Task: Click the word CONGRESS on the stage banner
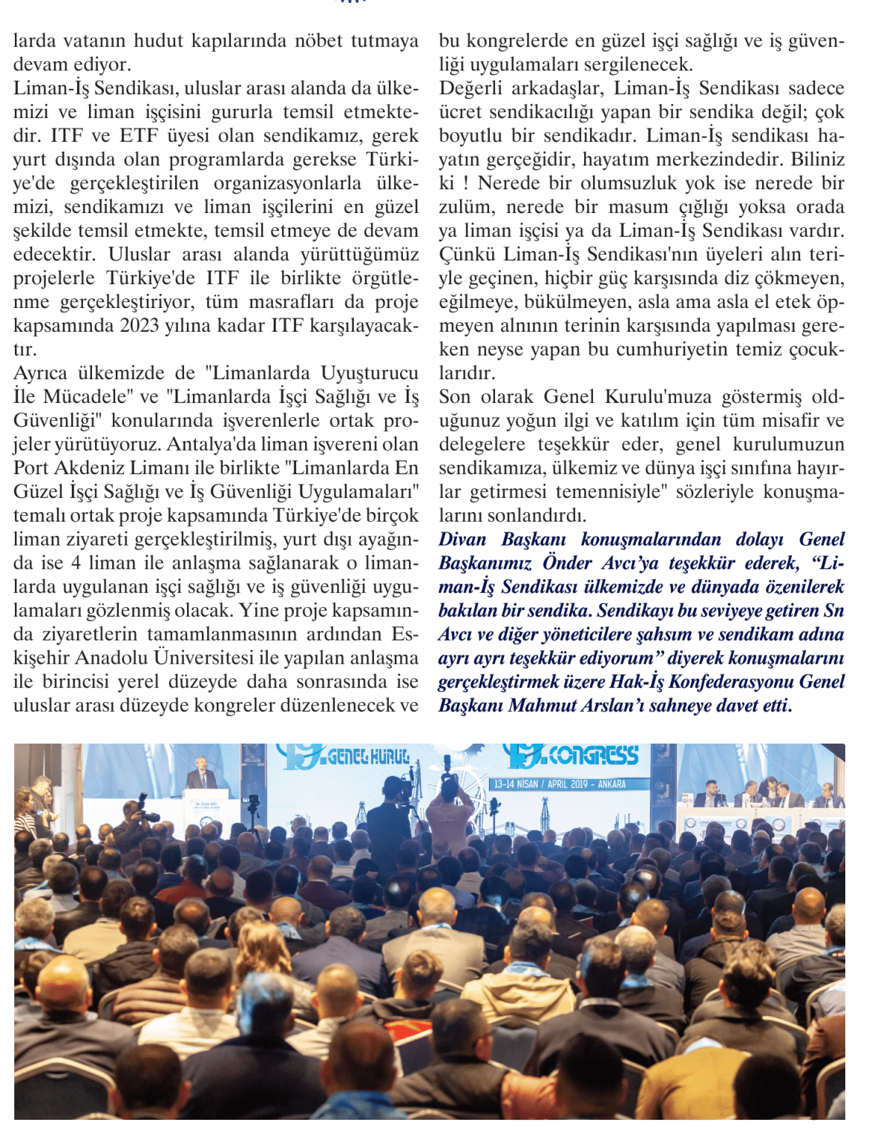594,756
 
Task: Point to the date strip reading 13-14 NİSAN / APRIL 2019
560,784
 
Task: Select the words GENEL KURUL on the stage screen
368,757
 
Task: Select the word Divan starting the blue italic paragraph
462,540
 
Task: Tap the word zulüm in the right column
465,207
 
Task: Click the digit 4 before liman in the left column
76,563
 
